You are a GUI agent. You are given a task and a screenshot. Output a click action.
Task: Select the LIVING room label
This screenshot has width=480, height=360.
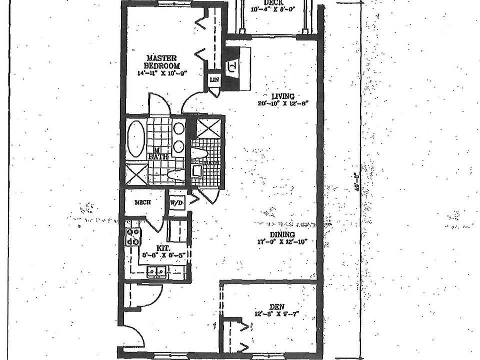click(x=282, y=96)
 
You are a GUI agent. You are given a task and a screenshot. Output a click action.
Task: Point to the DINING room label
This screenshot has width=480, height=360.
click(x=282, y=234)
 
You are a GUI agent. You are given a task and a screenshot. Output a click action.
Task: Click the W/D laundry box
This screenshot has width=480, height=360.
click(x=176, y=203)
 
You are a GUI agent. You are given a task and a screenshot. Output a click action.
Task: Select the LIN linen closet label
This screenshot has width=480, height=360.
click(x=214, y=80)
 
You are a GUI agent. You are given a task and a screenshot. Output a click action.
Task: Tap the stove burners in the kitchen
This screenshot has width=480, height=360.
click(x=133, y=236)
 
